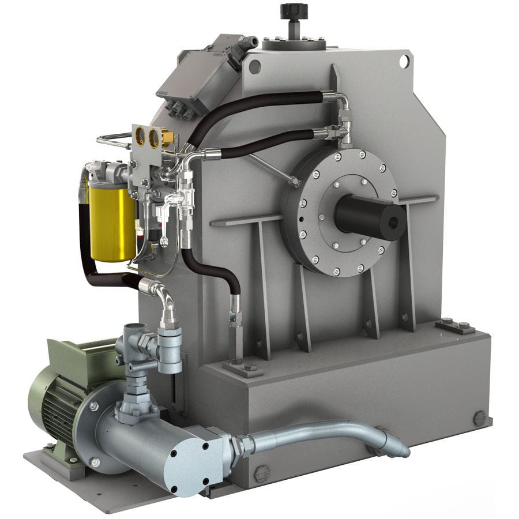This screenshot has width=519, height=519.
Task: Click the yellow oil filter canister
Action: tap(112, 223)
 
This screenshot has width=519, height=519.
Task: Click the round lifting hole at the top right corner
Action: tap(405, 61)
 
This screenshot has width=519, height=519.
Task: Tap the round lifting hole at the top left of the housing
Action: tap(254, 67)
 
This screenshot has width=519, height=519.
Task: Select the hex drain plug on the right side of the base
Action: tap(479, 418)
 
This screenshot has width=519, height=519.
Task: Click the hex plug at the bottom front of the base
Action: tap(262, 473)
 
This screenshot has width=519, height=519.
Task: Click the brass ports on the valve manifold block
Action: tap(147, 137)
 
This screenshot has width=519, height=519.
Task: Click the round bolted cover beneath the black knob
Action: tap(294, 43)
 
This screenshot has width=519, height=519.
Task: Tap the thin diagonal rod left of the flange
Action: tap(271, 167)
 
